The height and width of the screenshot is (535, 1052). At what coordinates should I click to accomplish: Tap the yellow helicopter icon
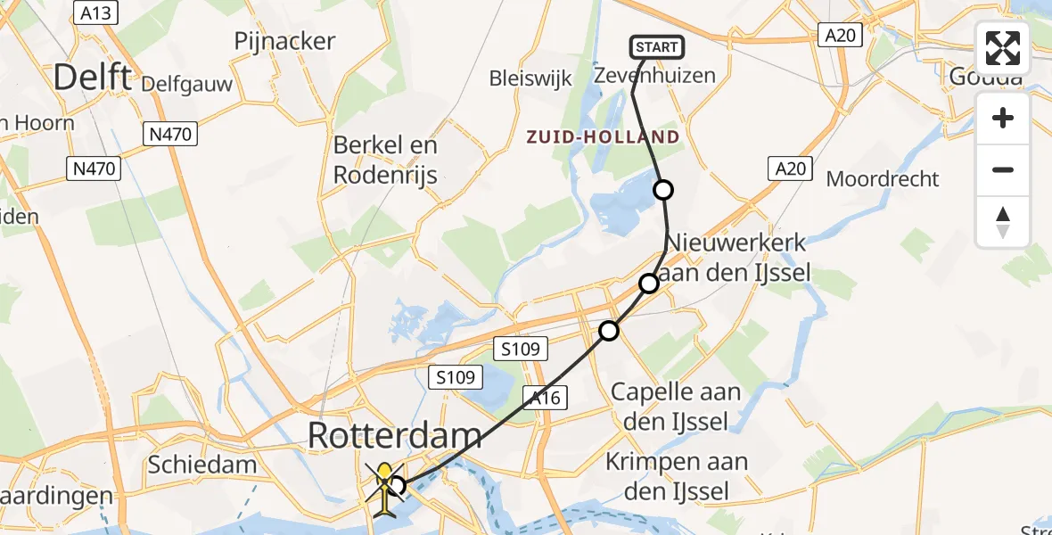(384, 487)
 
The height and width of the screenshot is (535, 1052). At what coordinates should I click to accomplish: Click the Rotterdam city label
(395, 436)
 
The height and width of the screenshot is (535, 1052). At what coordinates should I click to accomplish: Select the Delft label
(92, 78)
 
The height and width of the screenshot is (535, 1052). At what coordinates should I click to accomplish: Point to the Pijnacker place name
(284, 41)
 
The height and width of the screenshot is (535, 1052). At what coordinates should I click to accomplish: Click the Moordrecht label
(883, 178)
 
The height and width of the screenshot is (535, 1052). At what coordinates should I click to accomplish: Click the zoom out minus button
(1003, 170)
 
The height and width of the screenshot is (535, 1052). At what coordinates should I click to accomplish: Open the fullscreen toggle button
(1003, 48)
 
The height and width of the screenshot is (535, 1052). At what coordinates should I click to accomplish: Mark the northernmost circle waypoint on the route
(663, 190)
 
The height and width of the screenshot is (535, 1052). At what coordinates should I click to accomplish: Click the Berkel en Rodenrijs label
(385, 160)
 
